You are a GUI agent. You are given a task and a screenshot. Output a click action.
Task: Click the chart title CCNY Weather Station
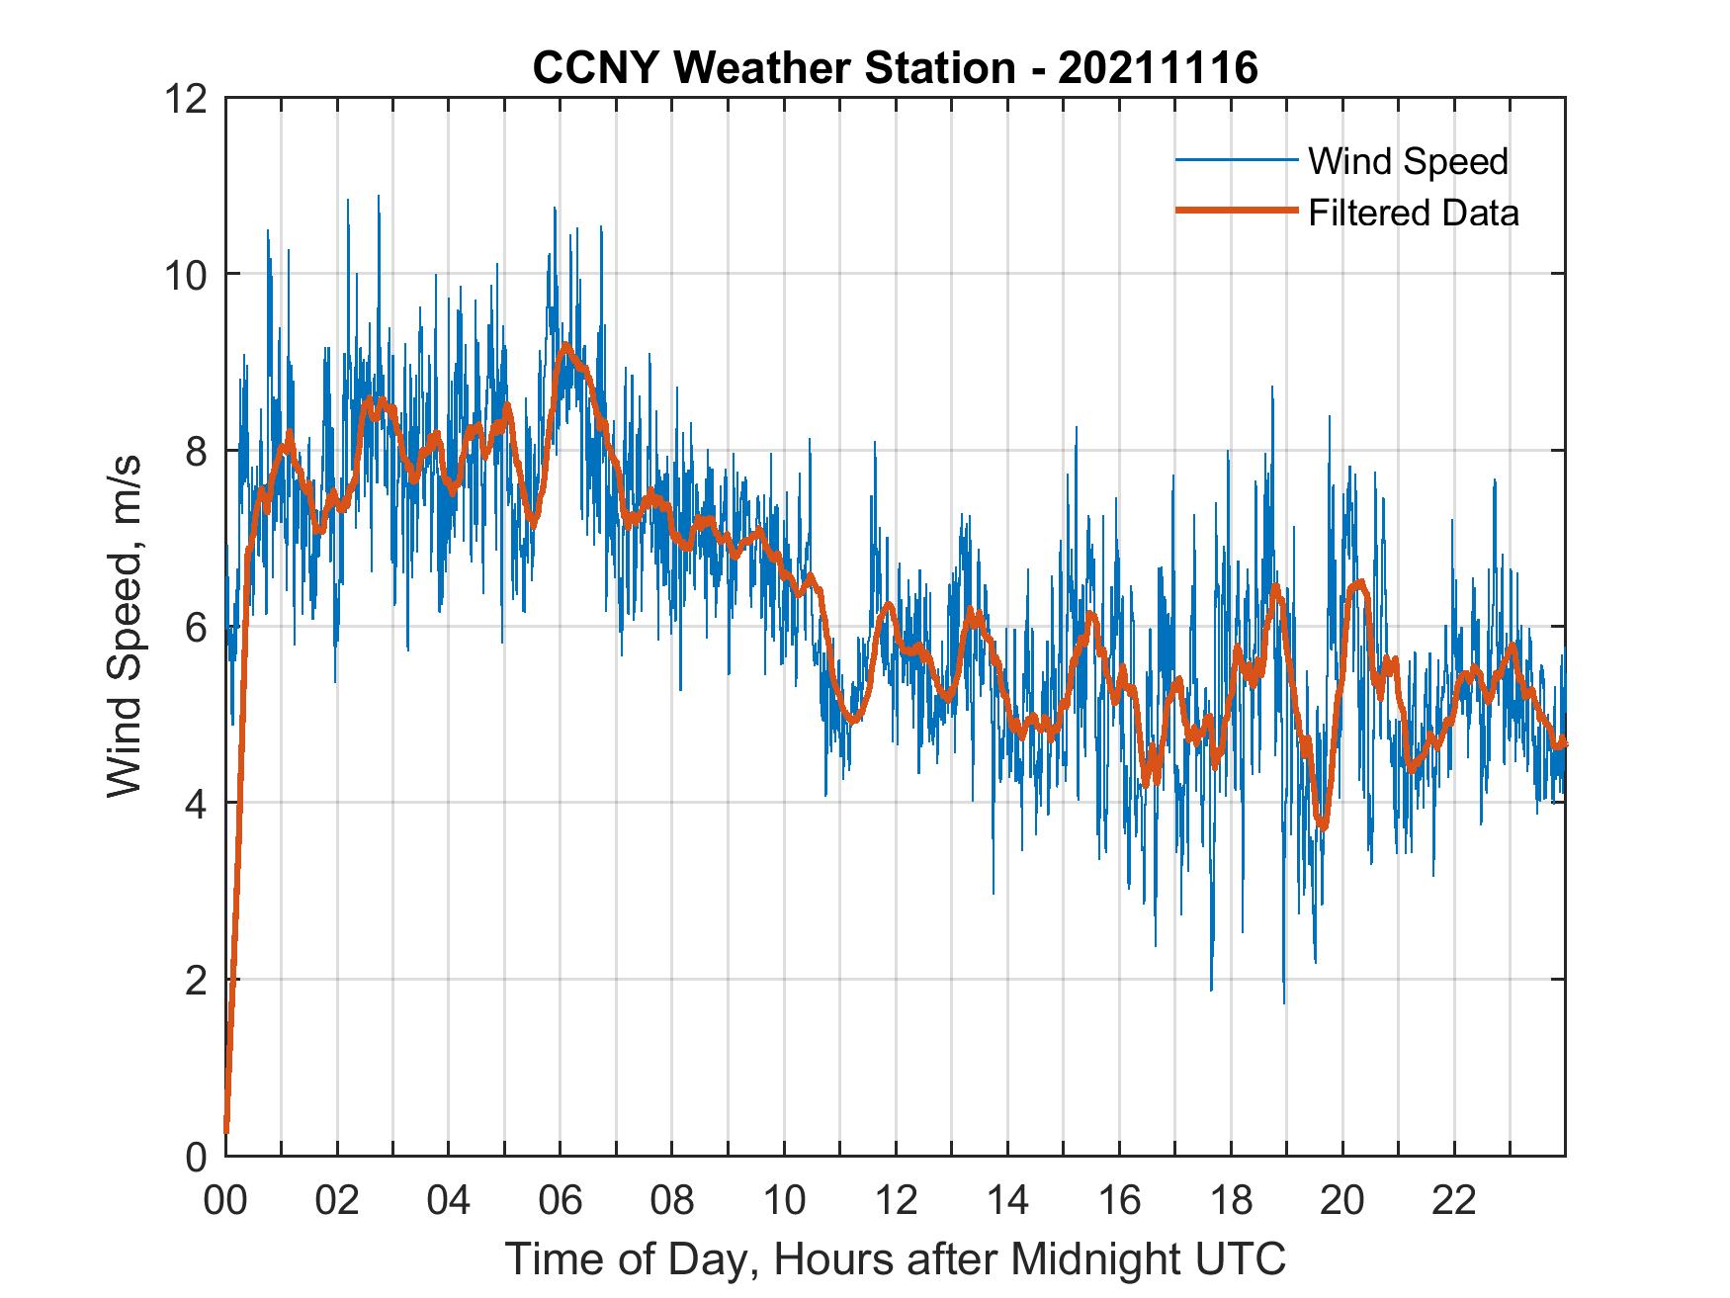pos(773,68)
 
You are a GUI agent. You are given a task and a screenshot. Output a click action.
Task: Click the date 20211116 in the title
pos(1158,68)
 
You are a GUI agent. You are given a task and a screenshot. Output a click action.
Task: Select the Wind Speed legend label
pos(1408,161)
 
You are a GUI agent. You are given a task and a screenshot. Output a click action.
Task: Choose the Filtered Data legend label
pos(1413,213)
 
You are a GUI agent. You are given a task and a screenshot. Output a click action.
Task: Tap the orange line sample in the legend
pos(1236,211)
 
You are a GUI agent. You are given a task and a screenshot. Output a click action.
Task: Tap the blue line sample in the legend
pos(1236,159)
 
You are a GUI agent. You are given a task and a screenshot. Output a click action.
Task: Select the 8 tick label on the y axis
pos(195,451)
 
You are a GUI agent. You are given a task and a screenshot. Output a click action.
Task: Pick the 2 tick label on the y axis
pos(195,980)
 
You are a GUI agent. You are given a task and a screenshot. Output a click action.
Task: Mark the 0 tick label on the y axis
pos(195,1156)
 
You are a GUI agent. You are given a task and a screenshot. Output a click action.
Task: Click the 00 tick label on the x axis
pos(226,1202)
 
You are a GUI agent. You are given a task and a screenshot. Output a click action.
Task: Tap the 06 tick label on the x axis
pos(561,1202)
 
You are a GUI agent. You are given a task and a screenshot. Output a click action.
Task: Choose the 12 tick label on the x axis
pos(896,1202)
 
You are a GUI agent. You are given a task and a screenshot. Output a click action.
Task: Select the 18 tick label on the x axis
pos(1231,1202)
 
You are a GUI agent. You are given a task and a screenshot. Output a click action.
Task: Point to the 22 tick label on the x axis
pos(1454,1202)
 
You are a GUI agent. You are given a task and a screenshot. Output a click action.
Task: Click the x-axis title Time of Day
pos(896,1259)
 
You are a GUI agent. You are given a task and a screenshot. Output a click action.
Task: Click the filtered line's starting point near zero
pos(226,1130)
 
